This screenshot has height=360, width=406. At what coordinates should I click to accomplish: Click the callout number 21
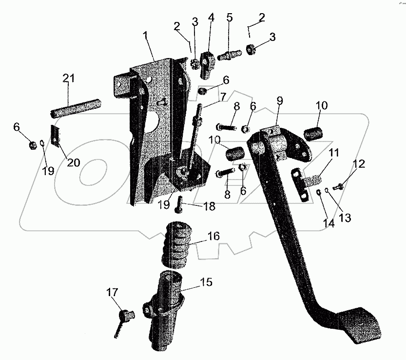(69, 78)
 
